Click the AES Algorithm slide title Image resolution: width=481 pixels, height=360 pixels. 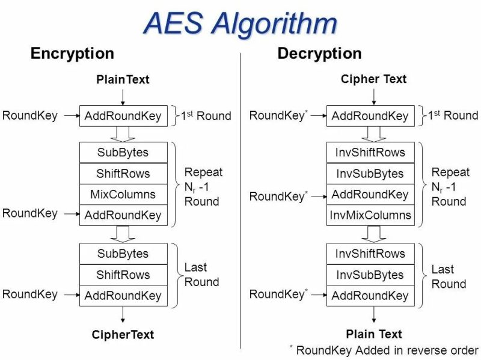click(x=240, y=24)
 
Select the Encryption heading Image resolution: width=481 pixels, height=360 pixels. click(x=72, y=53)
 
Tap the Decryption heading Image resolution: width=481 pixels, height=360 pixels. click(x=319, y=53)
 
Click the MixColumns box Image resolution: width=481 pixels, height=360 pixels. click(x=123, y=194)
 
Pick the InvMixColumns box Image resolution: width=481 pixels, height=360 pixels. click(x=370, y=215)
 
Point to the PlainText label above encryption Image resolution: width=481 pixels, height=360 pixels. click(x=123, y=79)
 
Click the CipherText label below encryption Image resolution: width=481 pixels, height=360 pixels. click(x=123, y=334)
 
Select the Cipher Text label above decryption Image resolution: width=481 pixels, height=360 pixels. click(x=373, y=79)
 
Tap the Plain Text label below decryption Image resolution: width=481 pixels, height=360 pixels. click(x=373, y=334)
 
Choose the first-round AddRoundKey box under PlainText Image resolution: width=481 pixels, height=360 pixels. click(x=123, y=116)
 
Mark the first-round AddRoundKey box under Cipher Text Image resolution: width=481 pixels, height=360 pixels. click(x=370, y=116)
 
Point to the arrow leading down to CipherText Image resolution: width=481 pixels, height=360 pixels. click(x=123, y=314)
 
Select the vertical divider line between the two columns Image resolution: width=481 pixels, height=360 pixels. click(x=240, y=198)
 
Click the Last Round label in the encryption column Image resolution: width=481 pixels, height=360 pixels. click(x=201, y=275)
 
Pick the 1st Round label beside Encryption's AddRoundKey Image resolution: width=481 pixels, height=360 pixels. click(x=206, y=116)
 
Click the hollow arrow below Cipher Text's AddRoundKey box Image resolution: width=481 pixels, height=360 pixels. click(x=370, y=134)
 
